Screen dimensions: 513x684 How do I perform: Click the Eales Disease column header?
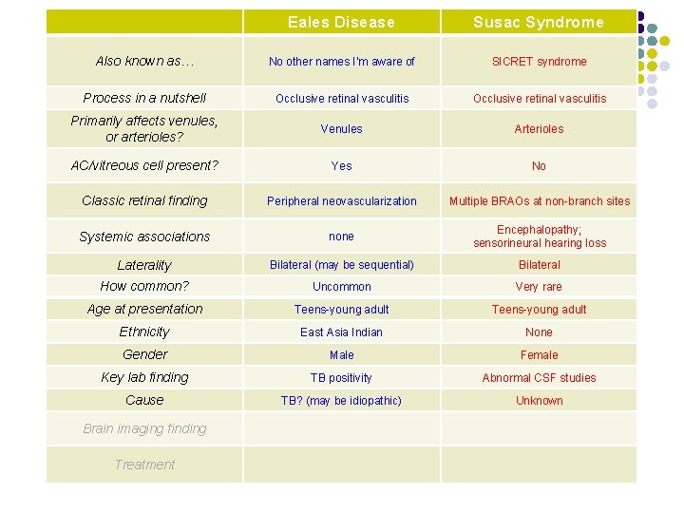341,22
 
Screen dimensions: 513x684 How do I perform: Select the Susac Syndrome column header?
539,22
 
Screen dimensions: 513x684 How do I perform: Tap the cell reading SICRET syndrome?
539,62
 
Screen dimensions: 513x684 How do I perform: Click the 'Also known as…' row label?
144,61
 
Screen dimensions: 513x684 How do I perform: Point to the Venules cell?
341,128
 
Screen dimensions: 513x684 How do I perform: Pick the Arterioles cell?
539,128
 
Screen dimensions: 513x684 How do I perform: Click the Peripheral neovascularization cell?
341,200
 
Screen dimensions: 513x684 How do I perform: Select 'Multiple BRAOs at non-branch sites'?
539,200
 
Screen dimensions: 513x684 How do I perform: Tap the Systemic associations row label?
144,237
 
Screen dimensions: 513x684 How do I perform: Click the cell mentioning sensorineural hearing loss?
539,237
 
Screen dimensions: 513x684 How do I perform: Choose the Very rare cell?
539,286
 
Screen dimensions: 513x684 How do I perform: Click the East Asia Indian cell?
341,332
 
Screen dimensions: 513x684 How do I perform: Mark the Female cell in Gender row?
539,354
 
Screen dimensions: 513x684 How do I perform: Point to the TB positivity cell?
341,377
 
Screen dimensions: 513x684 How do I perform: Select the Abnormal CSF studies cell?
539,377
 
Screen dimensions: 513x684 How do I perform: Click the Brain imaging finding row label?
144,428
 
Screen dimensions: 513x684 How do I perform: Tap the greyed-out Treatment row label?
144,465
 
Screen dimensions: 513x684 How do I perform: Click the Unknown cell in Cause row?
539,400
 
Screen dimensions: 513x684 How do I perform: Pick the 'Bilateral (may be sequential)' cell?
341,264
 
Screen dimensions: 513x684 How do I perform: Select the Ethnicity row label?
144,332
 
